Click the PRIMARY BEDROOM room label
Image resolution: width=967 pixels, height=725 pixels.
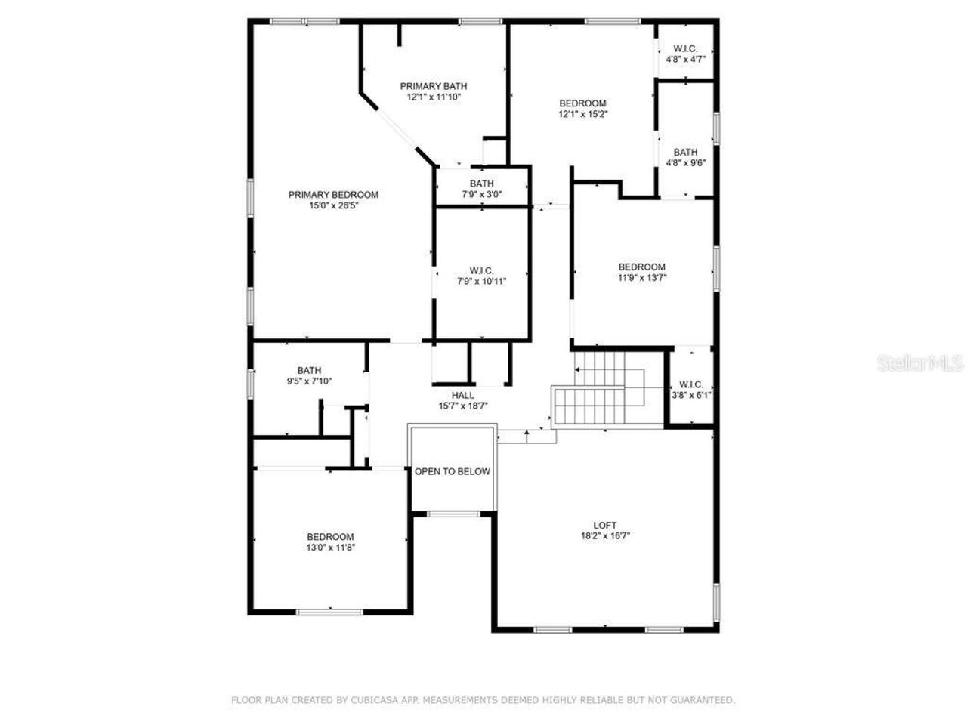click(333, 195)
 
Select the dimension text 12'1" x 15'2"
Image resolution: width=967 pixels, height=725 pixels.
click(582, 115)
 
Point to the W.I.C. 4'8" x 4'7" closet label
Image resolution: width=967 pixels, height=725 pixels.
click(685, 48)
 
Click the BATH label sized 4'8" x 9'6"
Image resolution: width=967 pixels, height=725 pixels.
click(685, 153)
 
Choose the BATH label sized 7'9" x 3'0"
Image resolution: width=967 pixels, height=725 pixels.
click(482, 184)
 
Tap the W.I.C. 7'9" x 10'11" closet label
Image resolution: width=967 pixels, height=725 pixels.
click(481, 270)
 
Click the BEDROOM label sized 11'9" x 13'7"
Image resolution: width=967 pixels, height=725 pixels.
click(641, 267)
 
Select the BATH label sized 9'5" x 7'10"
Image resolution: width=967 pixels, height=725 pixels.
click(309, 370)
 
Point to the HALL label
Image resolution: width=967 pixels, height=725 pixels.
click(463, 395)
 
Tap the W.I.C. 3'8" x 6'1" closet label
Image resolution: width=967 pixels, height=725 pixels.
click(691, 384)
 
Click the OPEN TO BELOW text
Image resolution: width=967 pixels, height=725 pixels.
click(453, 472)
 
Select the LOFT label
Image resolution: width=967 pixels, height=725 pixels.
click(604, 525)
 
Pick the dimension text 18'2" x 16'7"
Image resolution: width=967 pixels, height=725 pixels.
click(604, 536)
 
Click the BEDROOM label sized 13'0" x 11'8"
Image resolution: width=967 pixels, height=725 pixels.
click(330, 537)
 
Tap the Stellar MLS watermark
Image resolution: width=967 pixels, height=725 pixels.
click(920, 364)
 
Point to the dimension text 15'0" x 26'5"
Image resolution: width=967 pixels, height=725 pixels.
click(333, 205)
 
